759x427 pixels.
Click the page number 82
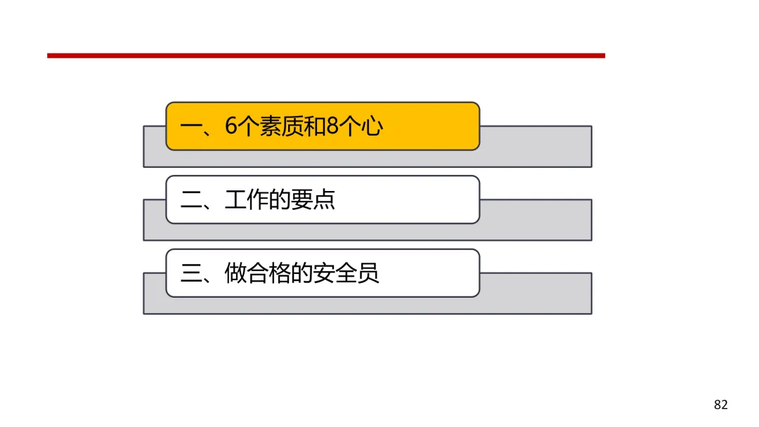click(x=721, y=405)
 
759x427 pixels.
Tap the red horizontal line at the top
click(x=326, y=55)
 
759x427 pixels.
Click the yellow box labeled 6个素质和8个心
click(x=323, y=126)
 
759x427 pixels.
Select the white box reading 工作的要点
click(x=323, y=199)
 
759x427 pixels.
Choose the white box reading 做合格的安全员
click(x=323, y=273)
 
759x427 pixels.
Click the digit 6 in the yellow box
click(x=231, y=126)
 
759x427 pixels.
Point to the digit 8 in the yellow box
click(x=332, y=126)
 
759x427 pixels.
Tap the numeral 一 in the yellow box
click(x=190, y=126)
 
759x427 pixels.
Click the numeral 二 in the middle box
click(x=190, y=199)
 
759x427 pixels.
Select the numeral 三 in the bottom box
click(x=190, y=273)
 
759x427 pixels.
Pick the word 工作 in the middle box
click(x=247, y=199)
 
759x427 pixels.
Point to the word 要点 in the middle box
click(x=313, y=199)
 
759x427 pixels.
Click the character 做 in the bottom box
click(x=235, y=273)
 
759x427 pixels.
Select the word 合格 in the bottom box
click(x=268, y=273)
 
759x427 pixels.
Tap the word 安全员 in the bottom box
click(x=346, y=273)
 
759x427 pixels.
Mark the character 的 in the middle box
click(x=280, y=199)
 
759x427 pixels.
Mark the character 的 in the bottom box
click(x=301, y=273)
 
